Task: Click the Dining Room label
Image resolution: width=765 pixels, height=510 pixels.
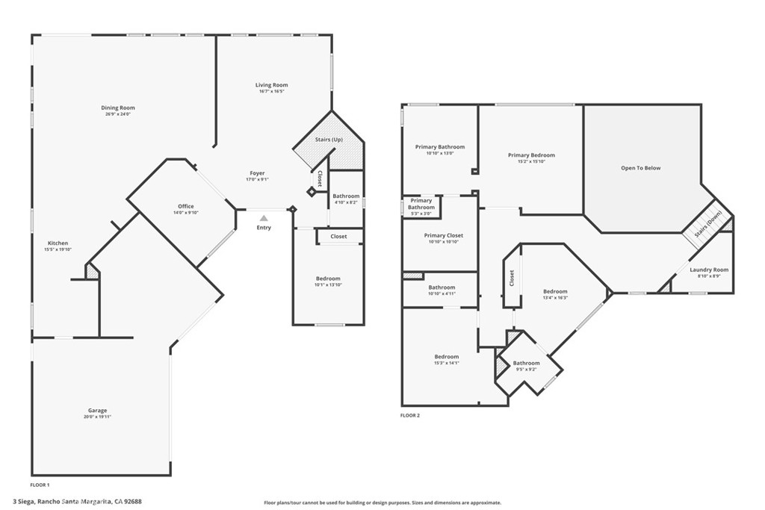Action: click(118, 108)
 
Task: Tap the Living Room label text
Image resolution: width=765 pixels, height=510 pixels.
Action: click(271, 86)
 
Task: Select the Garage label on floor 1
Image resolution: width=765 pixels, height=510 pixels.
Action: click(97, 411)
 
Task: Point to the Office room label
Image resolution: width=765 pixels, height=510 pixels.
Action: click(186, 207)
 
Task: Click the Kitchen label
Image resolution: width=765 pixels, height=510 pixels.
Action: click(58, 243)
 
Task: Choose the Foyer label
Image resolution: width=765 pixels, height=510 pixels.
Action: click(256, 174)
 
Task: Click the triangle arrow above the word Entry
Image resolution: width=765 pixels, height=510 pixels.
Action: click(263, 217)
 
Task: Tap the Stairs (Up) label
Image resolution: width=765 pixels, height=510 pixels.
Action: click(329, 140)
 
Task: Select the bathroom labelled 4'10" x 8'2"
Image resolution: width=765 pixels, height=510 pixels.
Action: click(346, 197)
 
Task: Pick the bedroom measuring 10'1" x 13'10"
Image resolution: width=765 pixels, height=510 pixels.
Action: click(327, 279)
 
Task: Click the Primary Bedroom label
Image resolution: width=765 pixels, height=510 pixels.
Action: click(531, 156)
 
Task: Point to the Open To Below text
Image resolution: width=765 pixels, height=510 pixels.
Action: click(640, 168)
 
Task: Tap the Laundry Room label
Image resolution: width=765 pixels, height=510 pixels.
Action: click(708, 270)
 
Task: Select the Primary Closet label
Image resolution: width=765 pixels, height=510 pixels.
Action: click(443, 236)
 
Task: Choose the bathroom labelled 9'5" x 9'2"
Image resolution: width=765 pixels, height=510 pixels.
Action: click(526, 364)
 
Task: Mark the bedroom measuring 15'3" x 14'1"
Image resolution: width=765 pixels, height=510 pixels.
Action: click(447, 358)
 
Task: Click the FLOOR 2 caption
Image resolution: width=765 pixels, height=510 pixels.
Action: click(410, 415)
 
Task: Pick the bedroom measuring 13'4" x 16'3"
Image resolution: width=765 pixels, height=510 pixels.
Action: click(555, 292)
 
